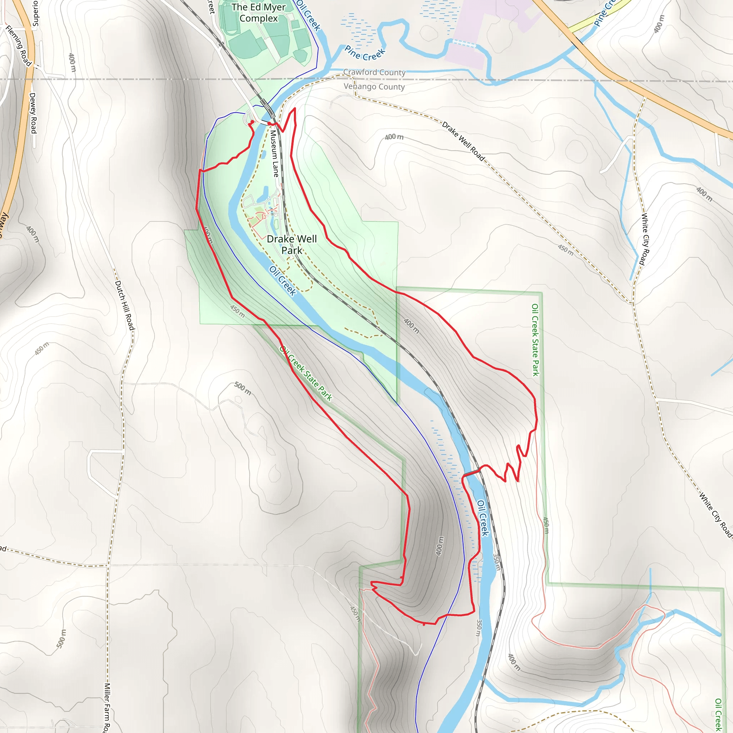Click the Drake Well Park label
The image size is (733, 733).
click(292, 245)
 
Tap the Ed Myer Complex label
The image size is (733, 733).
click(258, 13)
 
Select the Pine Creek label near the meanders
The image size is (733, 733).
click(365, 53)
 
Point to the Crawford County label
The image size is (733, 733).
click(374, 72)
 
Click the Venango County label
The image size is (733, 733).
click(374, 87)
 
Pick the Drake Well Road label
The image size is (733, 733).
click(463, 141)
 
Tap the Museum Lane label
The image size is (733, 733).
click(274, 154)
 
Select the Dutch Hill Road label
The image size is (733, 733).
click(125, 305)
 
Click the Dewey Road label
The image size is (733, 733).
click(33, 113)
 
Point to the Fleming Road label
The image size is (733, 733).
click(18, 46)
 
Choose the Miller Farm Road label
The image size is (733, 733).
click(108, 708)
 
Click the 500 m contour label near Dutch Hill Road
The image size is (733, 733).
click(242, 388)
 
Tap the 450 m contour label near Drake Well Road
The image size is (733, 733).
click(565, 250)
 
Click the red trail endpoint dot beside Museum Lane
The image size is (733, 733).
click(270, 123)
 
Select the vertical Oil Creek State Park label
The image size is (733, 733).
click(535, 340)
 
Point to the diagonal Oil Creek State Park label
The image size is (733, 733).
click(306, 373)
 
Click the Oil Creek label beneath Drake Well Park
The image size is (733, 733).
click(283, 280)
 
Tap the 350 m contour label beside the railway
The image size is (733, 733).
click(496, 562)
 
